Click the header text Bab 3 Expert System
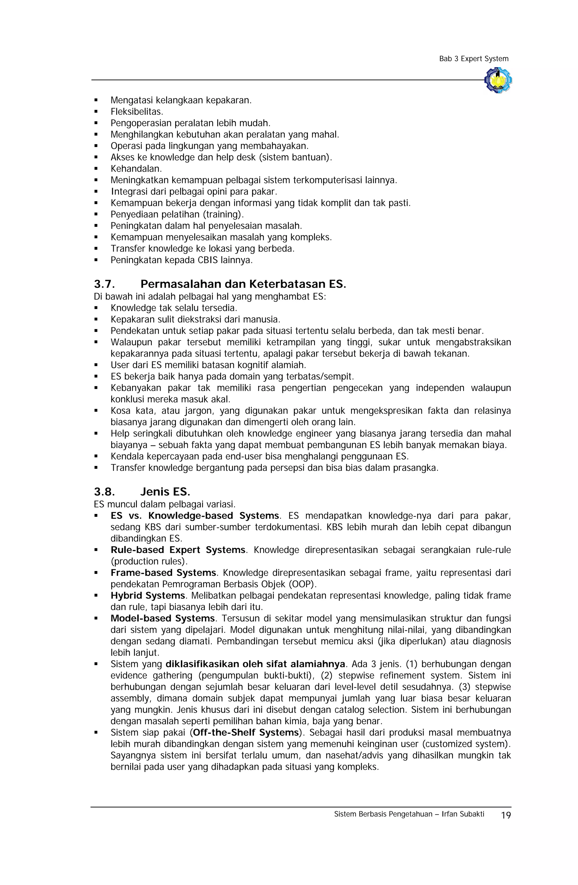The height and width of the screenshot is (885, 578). [474, 59]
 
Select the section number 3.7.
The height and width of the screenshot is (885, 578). [104, 285]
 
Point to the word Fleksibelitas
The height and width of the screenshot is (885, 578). [137, 112]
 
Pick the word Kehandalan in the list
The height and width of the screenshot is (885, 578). [136, 169]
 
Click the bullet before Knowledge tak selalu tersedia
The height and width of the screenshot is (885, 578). [96, 308]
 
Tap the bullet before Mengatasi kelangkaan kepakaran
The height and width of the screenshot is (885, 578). [96, 100]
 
